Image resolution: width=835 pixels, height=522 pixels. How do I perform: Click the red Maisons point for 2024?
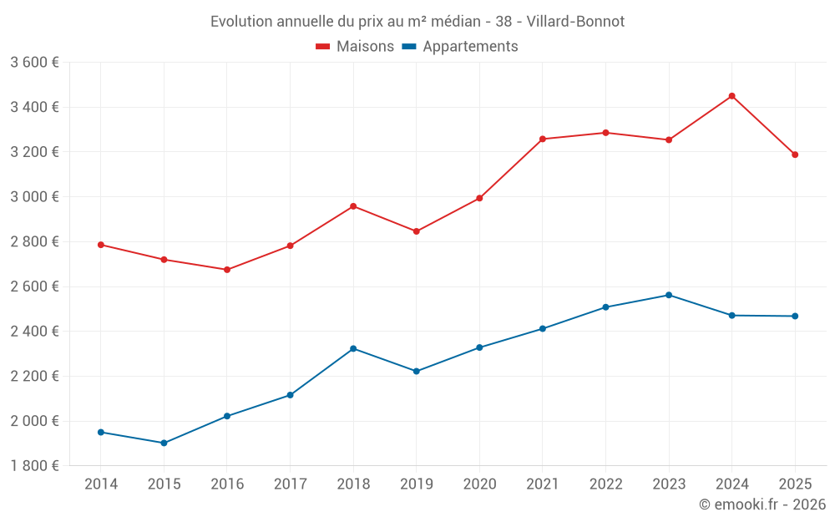tap(731, 96)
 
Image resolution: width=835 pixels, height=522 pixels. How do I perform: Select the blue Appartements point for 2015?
tap(164, 443)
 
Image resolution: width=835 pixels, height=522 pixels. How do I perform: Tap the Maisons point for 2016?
tap(227, 270)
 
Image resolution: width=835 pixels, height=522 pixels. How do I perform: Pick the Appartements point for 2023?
tap(669, 295)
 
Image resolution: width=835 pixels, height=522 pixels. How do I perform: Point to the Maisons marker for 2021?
tap(543, 139)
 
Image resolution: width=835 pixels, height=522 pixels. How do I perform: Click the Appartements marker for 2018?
tap(353, 348)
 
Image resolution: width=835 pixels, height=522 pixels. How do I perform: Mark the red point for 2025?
tap(795, 155)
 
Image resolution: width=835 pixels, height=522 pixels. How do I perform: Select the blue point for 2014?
tap(101, 432)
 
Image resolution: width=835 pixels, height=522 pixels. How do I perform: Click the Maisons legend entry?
tap(355, 47)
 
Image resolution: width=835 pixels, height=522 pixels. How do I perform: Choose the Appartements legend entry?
tap(460, 47)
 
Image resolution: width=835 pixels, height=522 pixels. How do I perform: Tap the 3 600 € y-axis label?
tap(34, 63)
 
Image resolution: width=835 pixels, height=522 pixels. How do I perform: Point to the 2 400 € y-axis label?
tap(34, 332)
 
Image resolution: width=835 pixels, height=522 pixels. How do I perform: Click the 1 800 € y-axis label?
tap(34, 466)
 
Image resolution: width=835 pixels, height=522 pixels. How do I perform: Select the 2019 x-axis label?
tap(416, 484)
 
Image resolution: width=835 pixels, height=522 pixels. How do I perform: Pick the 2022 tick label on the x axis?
tap(605, 484)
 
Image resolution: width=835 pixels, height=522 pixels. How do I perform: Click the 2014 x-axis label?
tap(101, 484)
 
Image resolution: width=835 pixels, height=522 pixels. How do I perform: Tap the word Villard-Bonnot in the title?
tap(575, 21)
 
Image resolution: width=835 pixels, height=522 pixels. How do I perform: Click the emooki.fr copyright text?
tap(762, 504)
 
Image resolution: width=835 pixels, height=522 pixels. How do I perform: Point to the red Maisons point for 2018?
tap(353, 205)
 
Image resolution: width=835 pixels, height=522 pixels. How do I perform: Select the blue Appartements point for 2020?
tap(479, 347)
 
